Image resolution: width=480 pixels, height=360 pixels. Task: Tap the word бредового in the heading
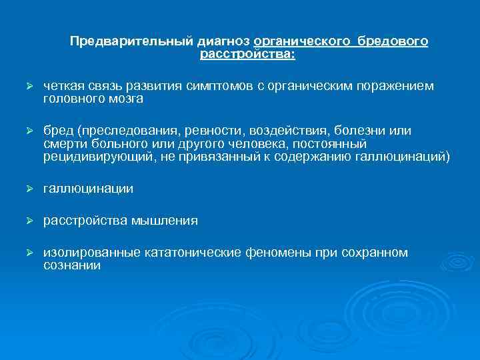pos(393,42)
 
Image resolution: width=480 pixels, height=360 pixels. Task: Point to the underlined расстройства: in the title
pos(247,54)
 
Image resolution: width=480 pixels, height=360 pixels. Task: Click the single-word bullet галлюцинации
pos(88,189)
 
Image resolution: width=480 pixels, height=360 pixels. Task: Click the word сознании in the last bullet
pos(72,265)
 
